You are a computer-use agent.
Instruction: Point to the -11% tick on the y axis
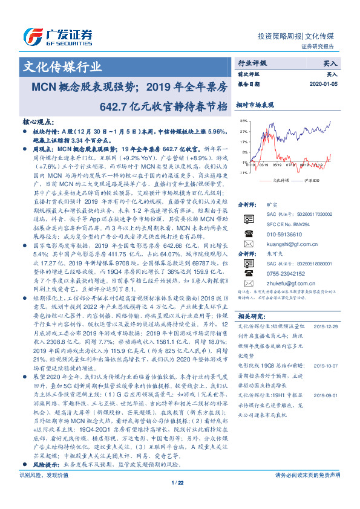pos(242,172)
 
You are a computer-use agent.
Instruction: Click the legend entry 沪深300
pos(312,180)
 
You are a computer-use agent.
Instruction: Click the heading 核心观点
pos(38,122)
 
